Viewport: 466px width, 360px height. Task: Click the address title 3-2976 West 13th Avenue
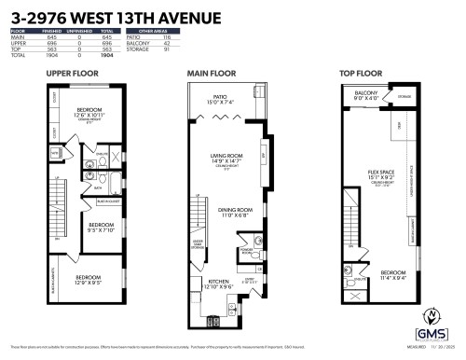113,18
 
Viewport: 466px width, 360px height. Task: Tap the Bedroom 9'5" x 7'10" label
101,227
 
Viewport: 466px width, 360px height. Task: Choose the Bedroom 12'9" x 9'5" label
89,279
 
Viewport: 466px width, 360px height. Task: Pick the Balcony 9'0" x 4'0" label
364,96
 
